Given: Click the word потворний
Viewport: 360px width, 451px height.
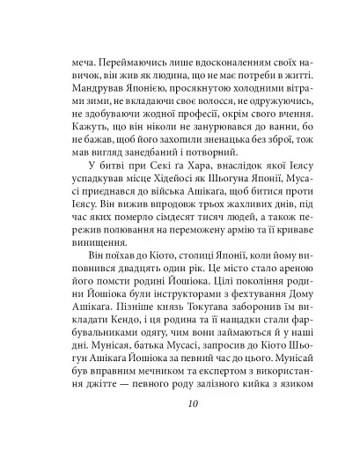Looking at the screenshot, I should coord(195,173).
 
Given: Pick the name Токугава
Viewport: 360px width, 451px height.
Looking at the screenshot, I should coord(216,366).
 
